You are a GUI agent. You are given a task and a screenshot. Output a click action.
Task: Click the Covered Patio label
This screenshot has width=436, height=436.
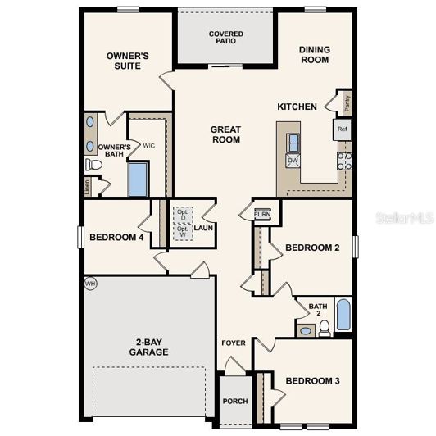(225, 39)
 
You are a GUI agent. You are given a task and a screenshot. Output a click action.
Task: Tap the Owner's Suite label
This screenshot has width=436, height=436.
(129, 61)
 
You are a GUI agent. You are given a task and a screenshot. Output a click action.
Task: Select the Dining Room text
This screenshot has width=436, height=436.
(314, 54)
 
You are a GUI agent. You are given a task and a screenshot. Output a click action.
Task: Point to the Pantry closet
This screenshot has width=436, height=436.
(347, 102)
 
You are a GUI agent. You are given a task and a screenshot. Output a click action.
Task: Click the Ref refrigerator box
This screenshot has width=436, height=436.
(342, 129)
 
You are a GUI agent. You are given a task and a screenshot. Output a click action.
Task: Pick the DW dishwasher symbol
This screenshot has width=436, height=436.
(293, 161)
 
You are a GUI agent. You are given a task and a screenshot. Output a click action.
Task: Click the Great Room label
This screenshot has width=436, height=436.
(225, 134)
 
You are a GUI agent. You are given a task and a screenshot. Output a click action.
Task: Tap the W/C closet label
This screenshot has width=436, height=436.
(149, 145)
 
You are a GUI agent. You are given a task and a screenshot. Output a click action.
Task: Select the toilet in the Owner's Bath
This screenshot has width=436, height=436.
(94, 165)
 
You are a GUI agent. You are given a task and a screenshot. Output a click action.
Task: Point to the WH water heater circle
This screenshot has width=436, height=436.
(89, 283)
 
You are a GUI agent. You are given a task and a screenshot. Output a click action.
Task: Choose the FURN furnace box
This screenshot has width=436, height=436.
(262, 214)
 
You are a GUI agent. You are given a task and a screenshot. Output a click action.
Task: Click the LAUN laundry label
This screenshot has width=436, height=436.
(203, 228)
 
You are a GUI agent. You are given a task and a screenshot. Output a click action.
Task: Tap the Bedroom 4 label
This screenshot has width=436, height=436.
(116, 238)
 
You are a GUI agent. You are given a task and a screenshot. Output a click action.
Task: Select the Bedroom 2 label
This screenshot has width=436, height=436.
(311, 248)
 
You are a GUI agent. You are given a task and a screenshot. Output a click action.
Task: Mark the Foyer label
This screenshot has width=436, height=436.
(234, 343)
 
